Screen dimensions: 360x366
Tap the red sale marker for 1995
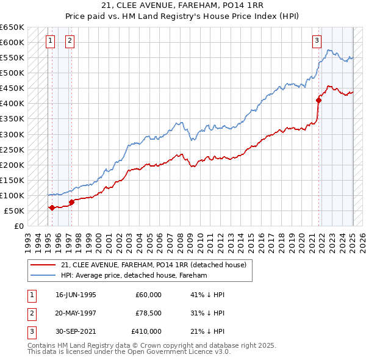click(52, 207)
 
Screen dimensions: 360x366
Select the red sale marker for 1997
click(71, 202)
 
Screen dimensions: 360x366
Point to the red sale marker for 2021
click(318, 100)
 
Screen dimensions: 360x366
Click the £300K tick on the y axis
click(12, 134)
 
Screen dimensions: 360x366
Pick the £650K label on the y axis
click(12, 27)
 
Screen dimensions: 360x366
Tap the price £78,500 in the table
click(149, 313)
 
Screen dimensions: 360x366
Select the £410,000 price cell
click(146, 331)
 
